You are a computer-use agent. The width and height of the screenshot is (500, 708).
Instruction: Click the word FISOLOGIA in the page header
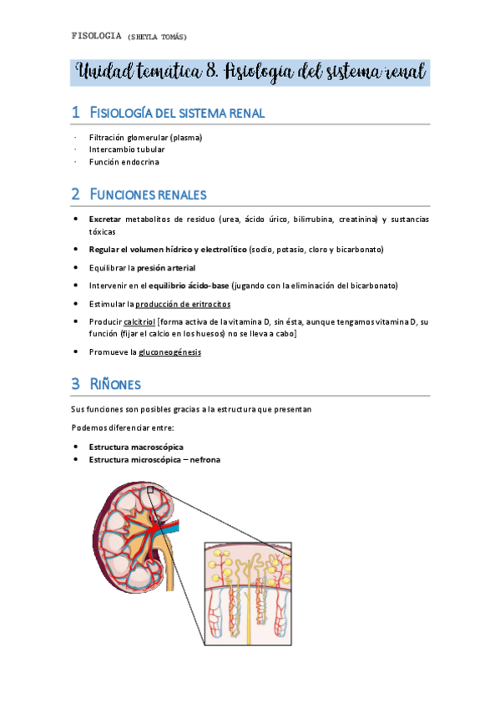pyautogui.click(x=97, y=36)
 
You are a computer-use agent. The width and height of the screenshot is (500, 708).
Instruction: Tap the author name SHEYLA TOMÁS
pyautogui.click(x=158, y=37)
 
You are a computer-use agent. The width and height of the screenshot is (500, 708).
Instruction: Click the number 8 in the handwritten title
pyautogui.click(x=211, y=72)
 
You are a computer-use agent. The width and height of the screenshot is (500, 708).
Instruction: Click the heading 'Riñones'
pyautogui.click(x=116, y=385)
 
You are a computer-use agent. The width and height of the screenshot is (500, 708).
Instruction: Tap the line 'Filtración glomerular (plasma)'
pyautogui.click(x=145, y=137)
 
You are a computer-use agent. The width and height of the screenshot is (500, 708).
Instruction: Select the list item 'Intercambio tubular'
pyautogui.click(x=127, y=149)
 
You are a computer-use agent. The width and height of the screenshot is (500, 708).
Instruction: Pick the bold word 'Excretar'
pyautogui.click(x=104, y=219)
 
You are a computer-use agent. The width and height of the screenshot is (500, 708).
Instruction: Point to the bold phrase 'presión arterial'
pyautogui.click(x=166, y=268)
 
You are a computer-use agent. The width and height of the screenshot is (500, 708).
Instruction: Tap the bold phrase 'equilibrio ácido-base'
pyautogui.click(x=189, y=286)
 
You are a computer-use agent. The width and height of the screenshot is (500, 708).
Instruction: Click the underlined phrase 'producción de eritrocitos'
pyautogui.click(x=183, y=304)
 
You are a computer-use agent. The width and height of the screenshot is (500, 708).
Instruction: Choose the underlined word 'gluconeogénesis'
pyautogui.click(x=169, y=352)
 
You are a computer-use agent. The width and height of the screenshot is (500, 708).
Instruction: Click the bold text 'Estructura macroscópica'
pyautogui.click(x=136, y=447)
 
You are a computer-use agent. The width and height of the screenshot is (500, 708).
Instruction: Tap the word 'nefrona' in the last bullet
pyautogui.click(x=203, y=459)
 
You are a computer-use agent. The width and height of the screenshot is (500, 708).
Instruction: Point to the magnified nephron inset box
pyautogui.click(x=248, y=593)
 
